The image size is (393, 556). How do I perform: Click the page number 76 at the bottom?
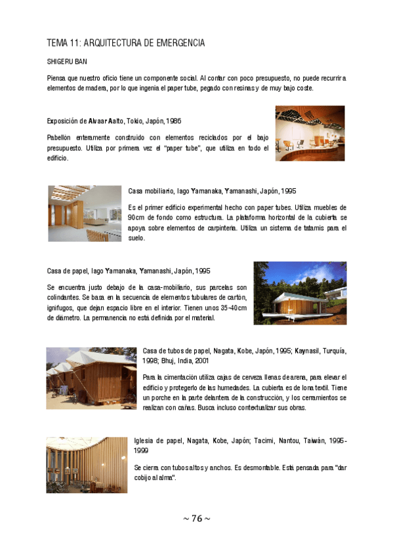point(197,519)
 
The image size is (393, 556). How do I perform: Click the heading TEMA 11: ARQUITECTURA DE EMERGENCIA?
point(126,43)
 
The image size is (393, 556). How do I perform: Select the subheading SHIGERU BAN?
point(66,62)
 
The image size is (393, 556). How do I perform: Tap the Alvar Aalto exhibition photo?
point(310,134)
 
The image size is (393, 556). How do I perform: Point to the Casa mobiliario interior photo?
point(85,213)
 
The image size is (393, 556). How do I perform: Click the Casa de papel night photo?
point(300,293)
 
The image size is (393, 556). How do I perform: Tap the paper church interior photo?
point(87,465)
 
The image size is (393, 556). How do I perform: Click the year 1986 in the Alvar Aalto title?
point(173,121)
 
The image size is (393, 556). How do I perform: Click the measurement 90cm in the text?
point(137,217)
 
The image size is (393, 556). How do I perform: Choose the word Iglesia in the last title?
point(146,441)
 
